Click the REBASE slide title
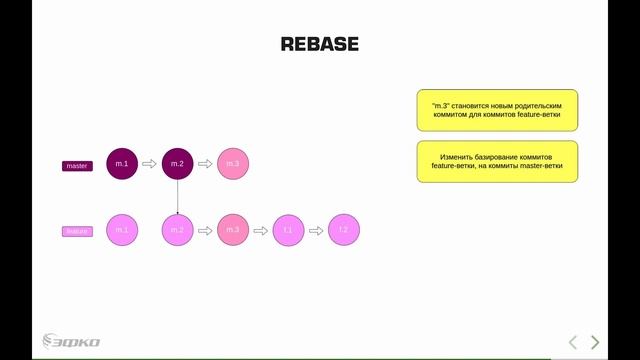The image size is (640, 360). (x=319, y=44)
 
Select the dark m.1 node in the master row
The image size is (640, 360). (x=122, y=163)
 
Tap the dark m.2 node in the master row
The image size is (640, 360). (x=177, y=163)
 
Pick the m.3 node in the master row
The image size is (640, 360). (x=233, y=163)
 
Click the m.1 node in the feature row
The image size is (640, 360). (x=122, y=230)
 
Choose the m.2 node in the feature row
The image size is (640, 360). (x=177, y=230)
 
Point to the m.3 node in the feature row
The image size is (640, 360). (x=233, y=230)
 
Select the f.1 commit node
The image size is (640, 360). (x=288, y=230)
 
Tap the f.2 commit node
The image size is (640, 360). (x=343, y=230)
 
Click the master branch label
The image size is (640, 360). (x=77, y=165)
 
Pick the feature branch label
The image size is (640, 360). (x=77, y=231)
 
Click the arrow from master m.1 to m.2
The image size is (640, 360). (x=150, y=163)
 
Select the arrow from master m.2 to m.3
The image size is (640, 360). (x=205, y=163)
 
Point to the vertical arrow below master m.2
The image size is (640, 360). (x=177, y=197)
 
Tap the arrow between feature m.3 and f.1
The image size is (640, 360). (x=261, y=230)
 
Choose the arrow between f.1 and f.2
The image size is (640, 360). (x=316, y=230)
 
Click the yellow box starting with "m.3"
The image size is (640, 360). (x=497, y=110)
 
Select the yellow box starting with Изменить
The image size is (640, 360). (x=497, y=161)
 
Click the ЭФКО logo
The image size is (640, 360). (x=71, y=342)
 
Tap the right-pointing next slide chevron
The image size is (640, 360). (x=596, y=342)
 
